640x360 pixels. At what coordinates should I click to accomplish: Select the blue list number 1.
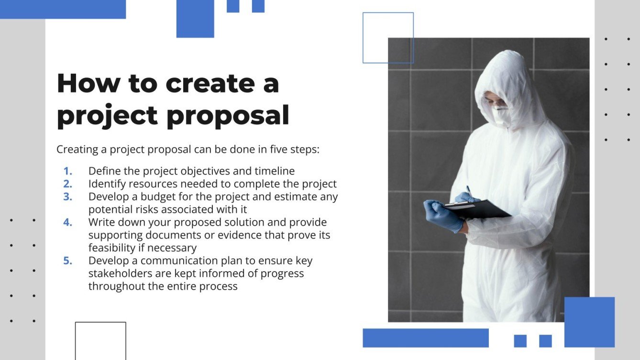pos(68,171)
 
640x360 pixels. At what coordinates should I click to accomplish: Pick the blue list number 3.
pos(68,196)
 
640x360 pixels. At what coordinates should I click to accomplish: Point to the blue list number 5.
pos(68,261)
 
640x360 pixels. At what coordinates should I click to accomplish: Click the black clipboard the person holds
pos(478,209)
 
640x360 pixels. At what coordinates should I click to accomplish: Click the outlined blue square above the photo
pos(388,38)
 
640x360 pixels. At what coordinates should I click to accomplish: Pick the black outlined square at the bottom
pos(100,340)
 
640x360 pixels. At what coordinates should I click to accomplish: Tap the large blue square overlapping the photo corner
pos(589,322)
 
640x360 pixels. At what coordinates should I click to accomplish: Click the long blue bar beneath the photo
pos(426,338)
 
